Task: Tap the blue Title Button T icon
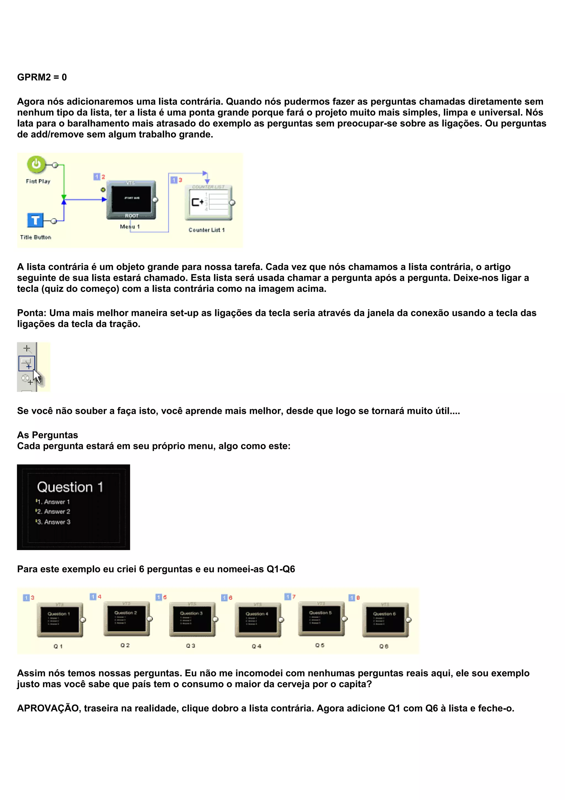(x=35, y=220)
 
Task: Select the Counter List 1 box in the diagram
(x=208, y=202)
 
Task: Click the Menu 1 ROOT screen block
(x=131, y=200)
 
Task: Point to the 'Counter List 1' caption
(x=206, y=230)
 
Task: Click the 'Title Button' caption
(x=36, y=237)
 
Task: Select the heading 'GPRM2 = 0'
(x=42, y=77)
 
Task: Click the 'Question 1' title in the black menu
(x=70, y=487)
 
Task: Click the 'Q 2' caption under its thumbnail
(x=125, y=645)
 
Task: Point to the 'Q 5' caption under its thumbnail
(x=320, y=645)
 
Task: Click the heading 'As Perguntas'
(x=48, y=435)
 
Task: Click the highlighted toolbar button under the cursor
(x=26, y=363)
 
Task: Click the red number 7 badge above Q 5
(x=294, y=596)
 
